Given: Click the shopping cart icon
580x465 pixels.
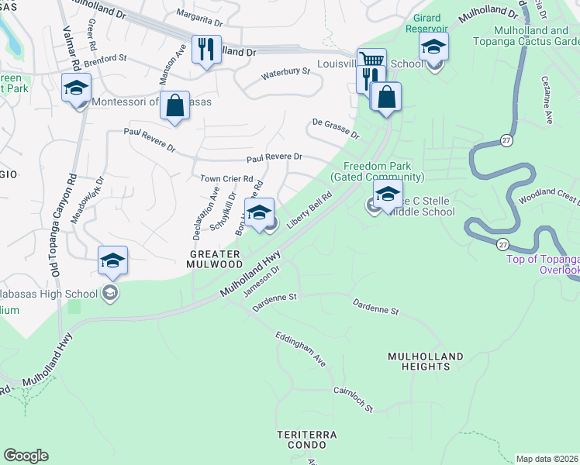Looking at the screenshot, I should (x=371, y=60).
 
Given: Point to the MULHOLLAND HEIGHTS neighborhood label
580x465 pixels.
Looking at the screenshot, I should (x=426, y=361).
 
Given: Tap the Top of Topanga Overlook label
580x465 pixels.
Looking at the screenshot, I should (x=543, y=264).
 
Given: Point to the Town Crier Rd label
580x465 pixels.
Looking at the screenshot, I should (x=226, y=178).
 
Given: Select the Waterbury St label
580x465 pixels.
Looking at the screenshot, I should (x=285, y=72).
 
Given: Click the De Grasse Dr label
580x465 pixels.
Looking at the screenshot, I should (x=336, y=129).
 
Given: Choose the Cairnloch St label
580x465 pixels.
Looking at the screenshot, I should (x=353, y=400).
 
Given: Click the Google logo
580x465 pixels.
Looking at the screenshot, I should (x=26, y=456).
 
